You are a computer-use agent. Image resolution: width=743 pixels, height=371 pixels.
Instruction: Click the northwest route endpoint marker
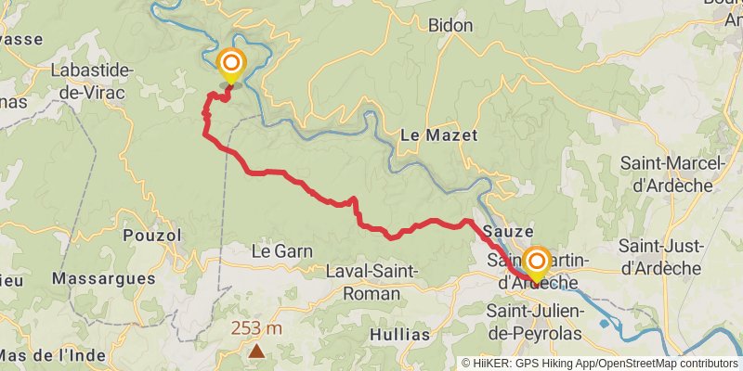click(x=230, y=65)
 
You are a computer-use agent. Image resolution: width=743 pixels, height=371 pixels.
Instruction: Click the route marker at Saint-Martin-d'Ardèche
click(x=536, y=261)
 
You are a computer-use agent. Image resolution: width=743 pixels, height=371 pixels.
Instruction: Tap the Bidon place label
click(x=451, y=26)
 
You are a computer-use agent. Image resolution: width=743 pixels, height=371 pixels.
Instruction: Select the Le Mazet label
click(x=438, y=135)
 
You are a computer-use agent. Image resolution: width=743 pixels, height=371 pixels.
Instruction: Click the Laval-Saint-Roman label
click(x=371, y=282)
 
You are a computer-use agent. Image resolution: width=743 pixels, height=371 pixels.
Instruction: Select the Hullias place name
click(x=400, y=334)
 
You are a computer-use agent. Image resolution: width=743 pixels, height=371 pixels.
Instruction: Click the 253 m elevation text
click(x=256, y=328)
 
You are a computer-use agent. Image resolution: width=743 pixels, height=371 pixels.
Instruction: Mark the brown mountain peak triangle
click(x=256, y=351)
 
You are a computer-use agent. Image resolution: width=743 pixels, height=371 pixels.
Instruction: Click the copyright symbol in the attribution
click(x=466, y=364)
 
